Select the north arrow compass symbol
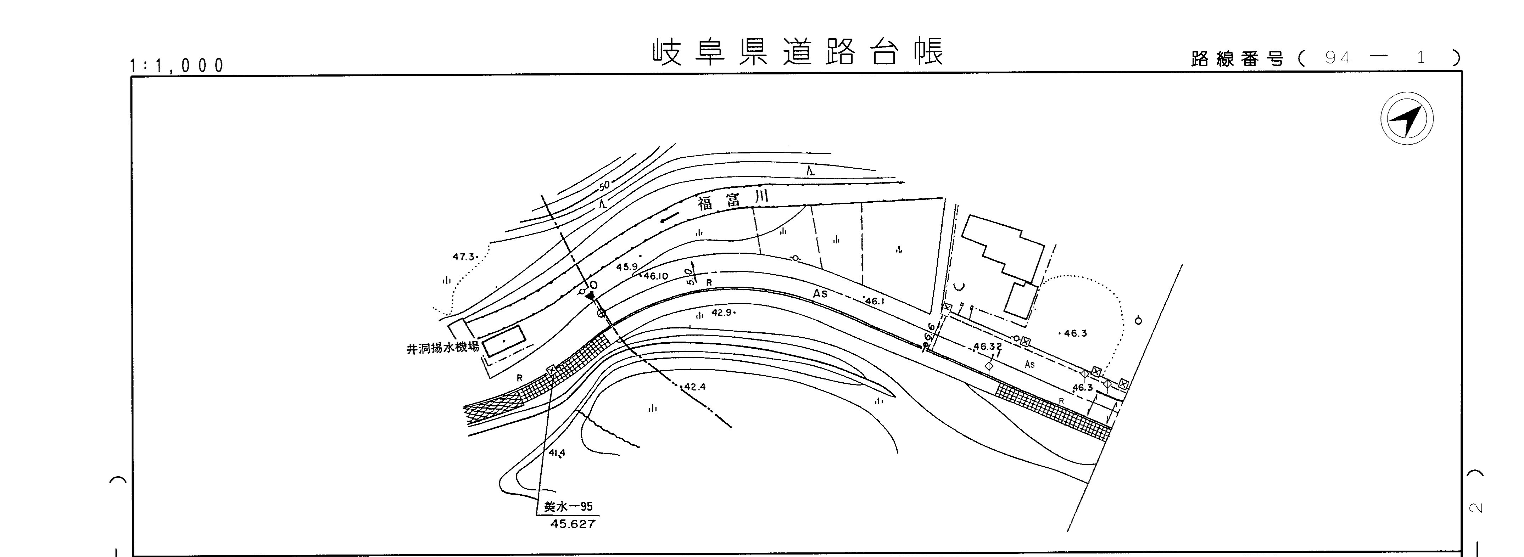pyautogui.click(x=1407, y=118)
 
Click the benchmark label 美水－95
pyautogui.click(x=568, y=507)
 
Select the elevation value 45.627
pyautogui.click(x=572, y=524)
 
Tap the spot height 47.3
pyautogui.click(x=464, y=257)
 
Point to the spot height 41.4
pyautogui.click(x=557, y=453)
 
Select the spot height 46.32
pyautogui.click(x=987, y=347)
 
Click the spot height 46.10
pyautogui.click(x=655, y=276)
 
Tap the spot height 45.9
pyautogui.click(x=626, y=267)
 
